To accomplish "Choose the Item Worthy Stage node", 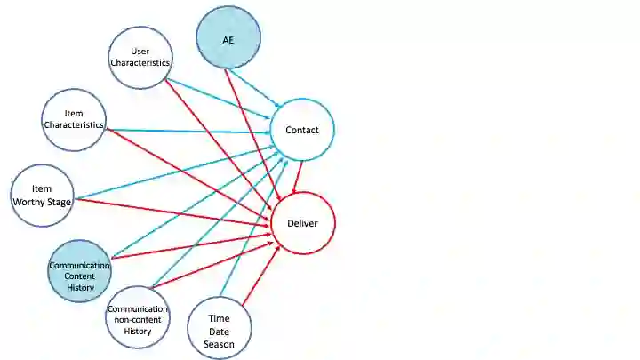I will tap(43, 195).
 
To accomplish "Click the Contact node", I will tap(302, 131).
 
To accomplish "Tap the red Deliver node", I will tap(302, 223).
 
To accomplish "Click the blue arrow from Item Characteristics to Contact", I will tap(187, 132).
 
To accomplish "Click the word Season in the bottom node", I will tap(219, 344).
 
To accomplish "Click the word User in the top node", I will tap(140, 51).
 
